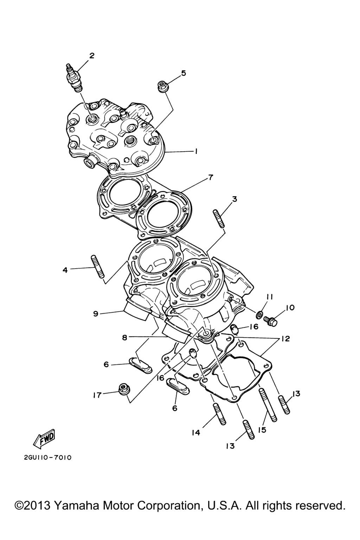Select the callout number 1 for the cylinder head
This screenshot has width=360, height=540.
click(196, 152)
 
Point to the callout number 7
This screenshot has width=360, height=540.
click(210, 178)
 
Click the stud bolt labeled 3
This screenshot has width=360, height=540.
click(219, 219)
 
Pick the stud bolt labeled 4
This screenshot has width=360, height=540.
click(97, 267)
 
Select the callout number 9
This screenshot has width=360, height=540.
click(96, 314)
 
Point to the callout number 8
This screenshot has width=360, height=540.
click(124, 337)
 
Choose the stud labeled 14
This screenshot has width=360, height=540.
click(220, 414)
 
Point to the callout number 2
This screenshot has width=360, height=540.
click(92, 56)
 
